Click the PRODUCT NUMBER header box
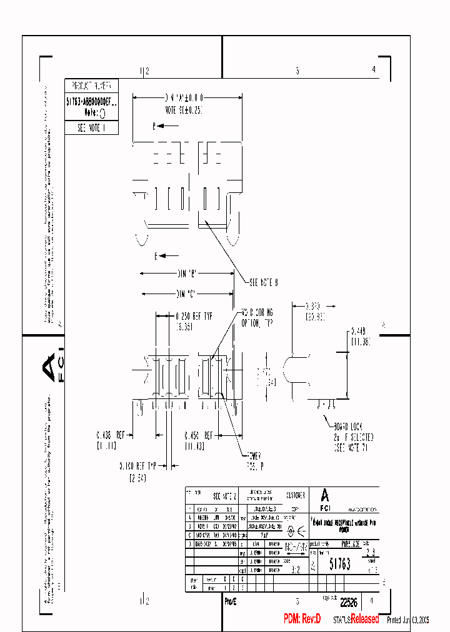click(91, 86)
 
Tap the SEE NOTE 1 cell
click(91, 127)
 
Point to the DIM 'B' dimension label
click(187, 274)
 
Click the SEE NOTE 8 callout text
click(263, 282)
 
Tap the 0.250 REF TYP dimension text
click(194, 317)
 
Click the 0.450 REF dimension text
click(200, 435)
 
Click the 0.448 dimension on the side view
click(357, 330)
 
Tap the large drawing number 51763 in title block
click(340, 563)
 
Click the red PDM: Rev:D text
click(302, 619)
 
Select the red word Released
click(364, 619)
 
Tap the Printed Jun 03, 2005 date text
click(408, 620)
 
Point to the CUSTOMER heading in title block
click(296, 495)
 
